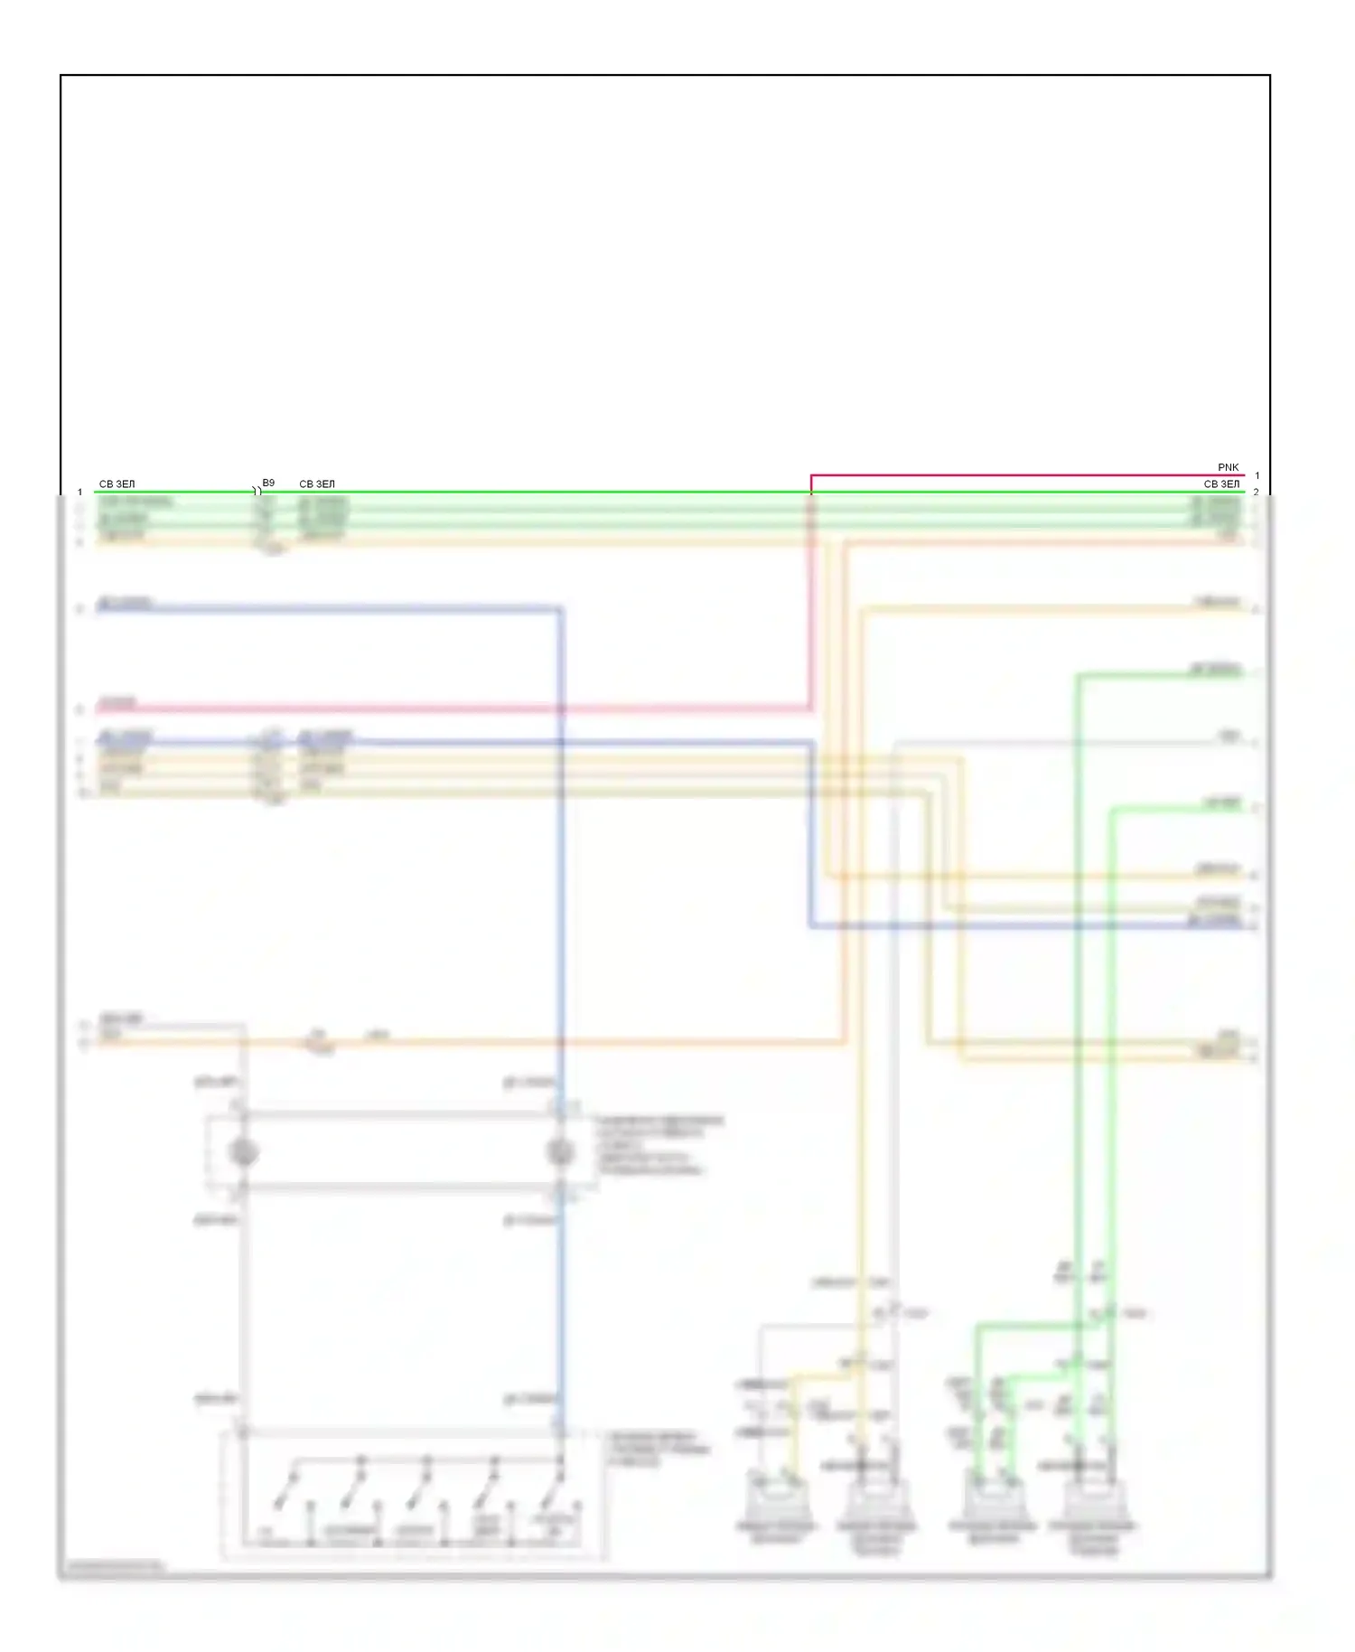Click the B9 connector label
coord(268,483)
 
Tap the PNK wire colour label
coord(1228,467)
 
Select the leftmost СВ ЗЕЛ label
coord(117,484)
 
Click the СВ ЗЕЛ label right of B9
coord(317,484)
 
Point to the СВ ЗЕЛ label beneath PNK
coord(1221,484)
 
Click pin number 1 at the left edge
coord(80,493)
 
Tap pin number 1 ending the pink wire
coord(1257,475)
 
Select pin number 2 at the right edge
coord(1257,493)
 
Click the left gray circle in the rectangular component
coord(244,1152)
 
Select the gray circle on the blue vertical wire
coord(560,1152)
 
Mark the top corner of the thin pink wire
coord(811,475)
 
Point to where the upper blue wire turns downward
coord(560,609)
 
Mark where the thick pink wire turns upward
coord(810,709)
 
